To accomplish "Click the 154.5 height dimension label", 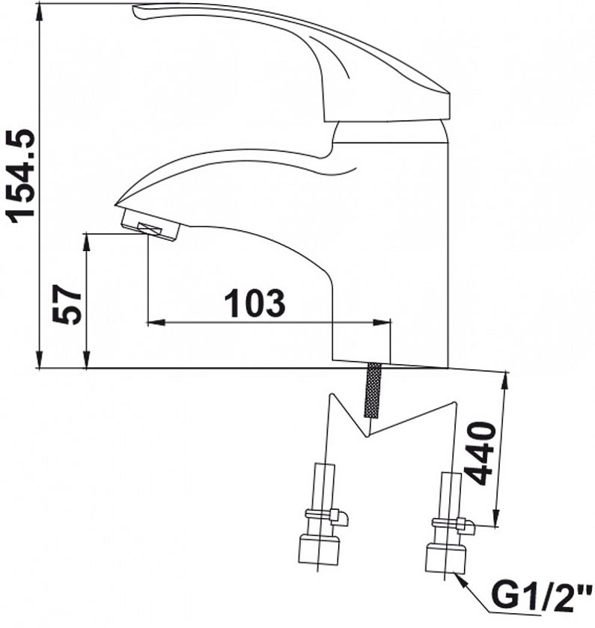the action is pyautogui.click(x=20, y=176).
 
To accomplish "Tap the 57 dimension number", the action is pyautogui.click(x=67, y=304).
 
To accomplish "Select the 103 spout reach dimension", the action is pyautogui.click(x=255, y=303).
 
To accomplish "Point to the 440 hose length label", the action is pyautogui.click(x=481, y=452).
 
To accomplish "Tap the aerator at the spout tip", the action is pyautogui.click(x=150, y=226).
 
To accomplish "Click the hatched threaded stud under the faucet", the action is pyautogui.click(x=373, y=390).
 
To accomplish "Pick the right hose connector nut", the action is pyautogui.click(x=445, y=558).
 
